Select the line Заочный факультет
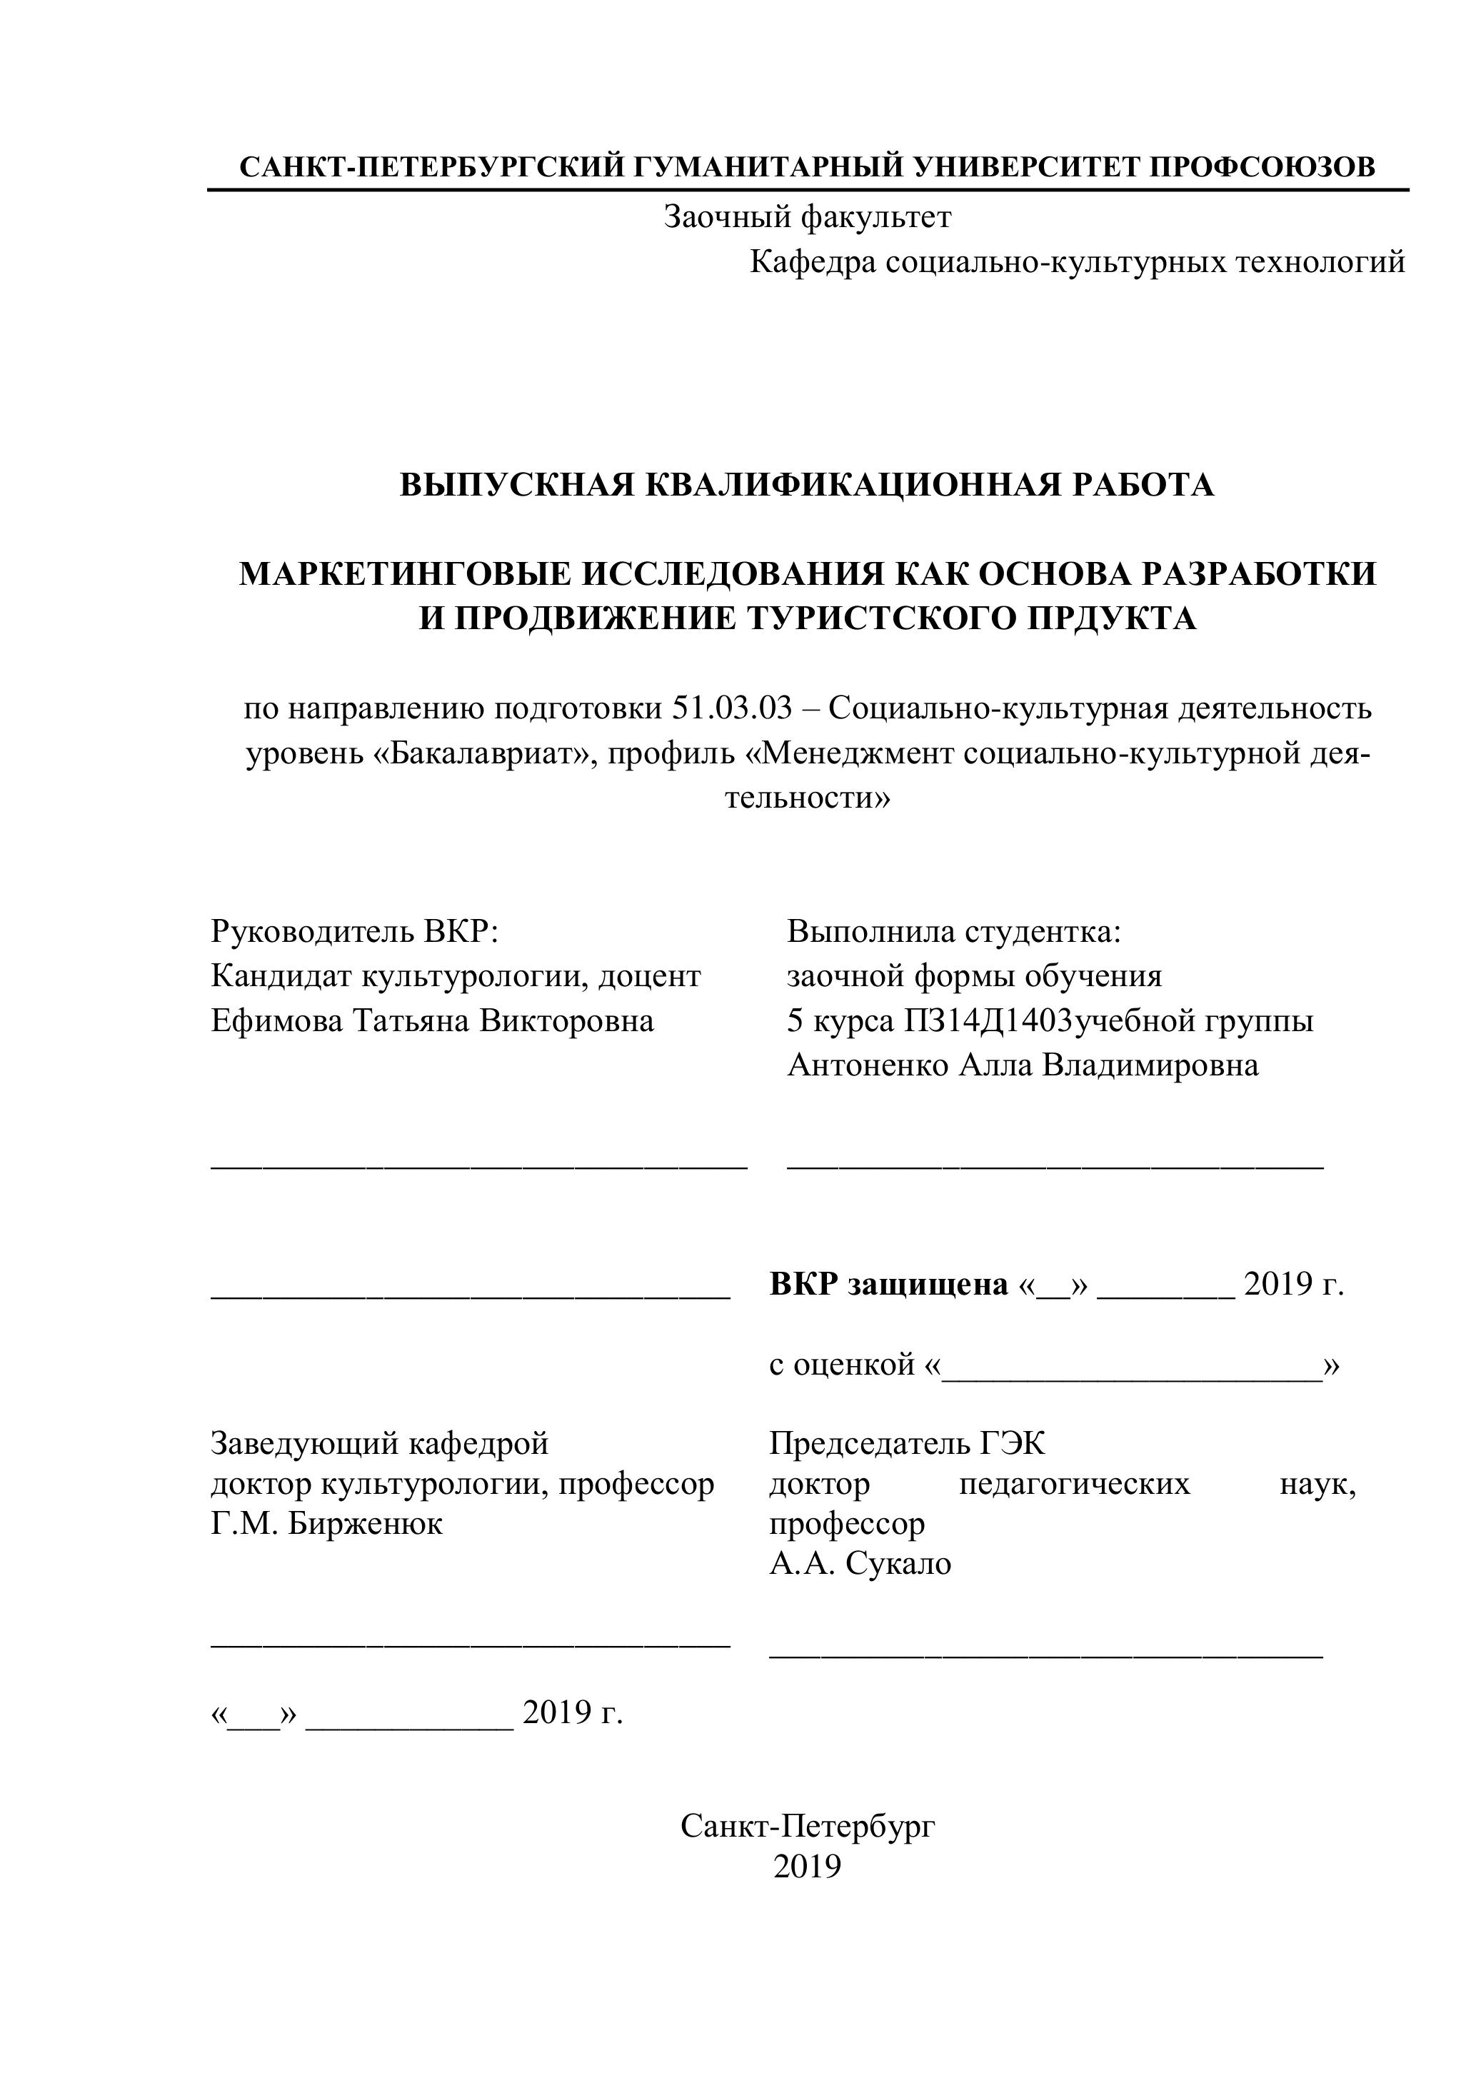(807, 217)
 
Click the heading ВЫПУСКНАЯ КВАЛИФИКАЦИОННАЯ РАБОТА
(807, 486)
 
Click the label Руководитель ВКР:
(355, 931)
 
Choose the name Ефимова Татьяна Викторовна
(432, 1021)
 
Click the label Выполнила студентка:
(954, 931)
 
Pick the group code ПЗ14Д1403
(987, 1021)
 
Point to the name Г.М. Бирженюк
(326, 1523)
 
